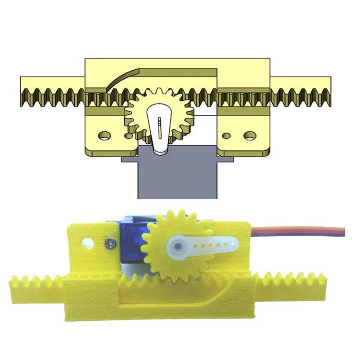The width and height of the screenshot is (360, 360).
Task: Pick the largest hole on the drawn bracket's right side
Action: [248, 135]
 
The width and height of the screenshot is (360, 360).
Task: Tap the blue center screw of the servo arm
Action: [178, 247]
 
